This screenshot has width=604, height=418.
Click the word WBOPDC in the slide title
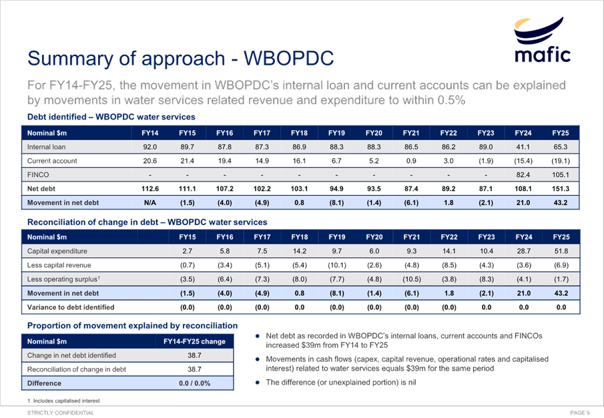point(290,57)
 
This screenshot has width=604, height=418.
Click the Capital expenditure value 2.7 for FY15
point(188,251)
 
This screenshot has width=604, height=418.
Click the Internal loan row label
point(45,146)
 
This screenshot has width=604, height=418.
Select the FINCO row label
point(38,175)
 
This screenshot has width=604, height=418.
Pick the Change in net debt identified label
point(71,355)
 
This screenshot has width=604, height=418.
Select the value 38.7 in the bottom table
point(194,355)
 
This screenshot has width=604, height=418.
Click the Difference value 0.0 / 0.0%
point(194,383)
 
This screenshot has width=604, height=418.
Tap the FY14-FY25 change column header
point(194,341)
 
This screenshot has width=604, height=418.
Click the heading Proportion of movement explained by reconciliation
point(131,325)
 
